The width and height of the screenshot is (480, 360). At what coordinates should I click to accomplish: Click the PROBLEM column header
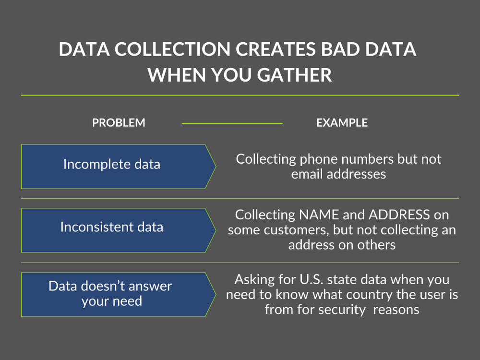tap(119, 123)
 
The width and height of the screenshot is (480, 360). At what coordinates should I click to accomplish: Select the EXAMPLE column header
tap(342, 123)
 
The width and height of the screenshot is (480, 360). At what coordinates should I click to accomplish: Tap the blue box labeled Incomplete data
tap(112, 165)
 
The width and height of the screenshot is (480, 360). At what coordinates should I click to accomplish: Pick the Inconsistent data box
tap(112, 227)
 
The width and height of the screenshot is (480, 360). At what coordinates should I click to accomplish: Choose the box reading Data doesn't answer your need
tap(110, 294)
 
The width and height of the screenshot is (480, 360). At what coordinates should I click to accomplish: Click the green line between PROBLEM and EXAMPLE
tap(232, 123)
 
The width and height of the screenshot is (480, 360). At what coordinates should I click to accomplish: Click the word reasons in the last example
tap(396, 310)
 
